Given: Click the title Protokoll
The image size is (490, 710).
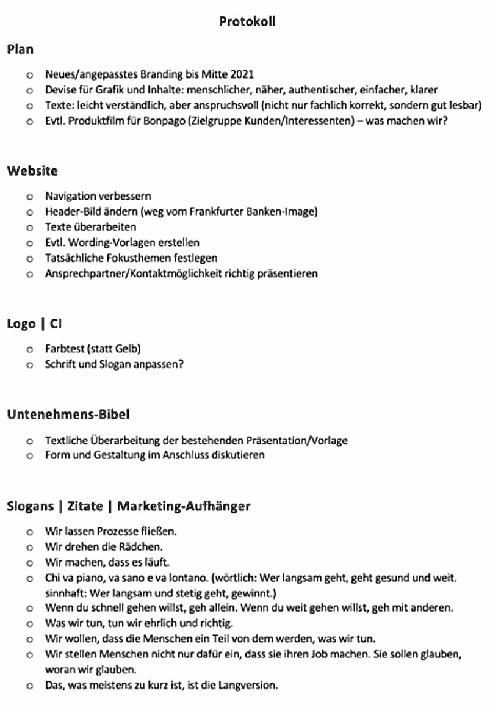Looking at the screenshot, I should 247,21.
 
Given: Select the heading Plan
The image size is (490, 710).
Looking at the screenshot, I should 20,49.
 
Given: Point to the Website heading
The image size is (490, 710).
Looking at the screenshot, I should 32,171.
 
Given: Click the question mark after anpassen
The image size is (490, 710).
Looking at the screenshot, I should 181,364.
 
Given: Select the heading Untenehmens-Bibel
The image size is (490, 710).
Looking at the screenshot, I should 68,415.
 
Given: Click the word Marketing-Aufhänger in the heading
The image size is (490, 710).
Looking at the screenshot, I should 184,506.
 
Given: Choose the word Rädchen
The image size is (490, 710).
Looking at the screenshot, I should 143,546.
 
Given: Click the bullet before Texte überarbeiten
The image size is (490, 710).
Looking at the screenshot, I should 29,228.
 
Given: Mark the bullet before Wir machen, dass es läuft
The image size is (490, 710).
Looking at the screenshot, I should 29,562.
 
